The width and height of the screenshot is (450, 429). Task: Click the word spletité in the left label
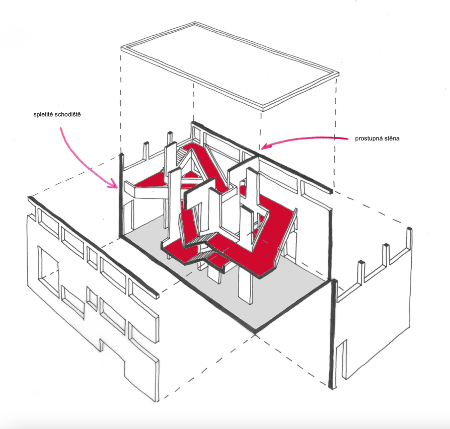[x=43, y=115]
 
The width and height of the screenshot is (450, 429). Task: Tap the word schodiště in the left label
[x=68, y=114]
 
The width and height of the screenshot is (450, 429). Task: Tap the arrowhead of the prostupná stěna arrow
[x=265, y=146]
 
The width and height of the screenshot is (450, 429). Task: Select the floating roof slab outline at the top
[x=230, y=46]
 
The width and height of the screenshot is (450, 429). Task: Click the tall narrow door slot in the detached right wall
[x=342, y=360]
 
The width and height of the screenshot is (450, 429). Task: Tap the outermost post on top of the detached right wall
[x=409, y=237]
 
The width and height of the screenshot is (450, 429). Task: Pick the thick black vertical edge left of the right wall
[x=333, y=333]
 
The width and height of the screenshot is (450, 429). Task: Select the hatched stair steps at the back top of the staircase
[x=181, y=156]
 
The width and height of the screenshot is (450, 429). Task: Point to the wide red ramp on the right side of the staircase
[x=273, y=230]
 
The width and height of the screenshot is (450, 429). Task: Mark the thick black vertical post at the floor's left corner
[x=121, y=195]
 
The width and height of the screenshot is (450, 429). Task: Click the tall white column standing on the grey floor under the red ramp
[x=245, y=284]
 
